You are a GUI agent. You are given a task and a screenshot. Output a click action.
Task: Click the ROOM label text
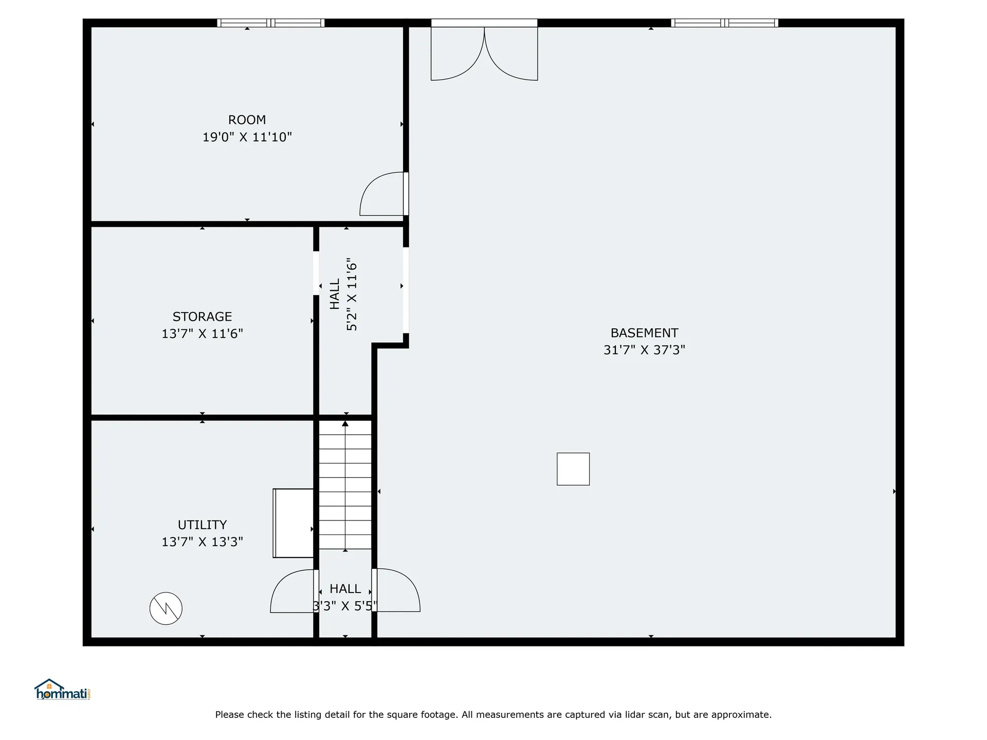pos(247,120)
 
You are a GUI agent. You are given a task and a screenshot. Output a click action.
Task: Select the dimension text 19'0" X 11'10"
pos(247,137)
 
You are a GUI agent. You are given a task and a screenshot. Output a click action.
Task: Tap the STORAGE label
pos(202,317)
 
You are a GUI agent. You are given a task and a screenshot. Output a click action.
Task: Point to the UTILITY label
pos(202,525)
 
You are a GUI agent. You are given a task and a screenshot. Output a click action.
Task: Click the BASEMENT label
pos(644,333)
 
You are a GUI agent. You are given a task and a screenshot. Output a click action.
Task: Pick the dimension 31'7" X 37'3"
pos(644,350)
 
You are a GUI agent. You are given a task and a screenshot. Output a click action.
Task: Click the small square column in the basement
pos(573,469)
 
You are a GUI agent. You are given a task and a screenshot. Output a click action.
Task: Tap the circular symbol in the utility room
pos(166,608)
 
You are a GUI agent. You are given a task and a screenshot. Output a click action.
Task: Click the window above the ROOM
pos(270,23)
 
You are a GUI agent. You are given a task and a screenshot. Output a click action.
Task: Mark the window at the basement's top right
pos(724,23)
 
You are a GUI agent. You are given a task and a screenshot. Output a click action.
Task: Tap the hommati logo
pos(63,690)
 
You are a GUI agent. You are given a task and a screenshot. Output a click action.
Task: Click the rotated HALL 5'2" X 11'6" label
pos(343,294)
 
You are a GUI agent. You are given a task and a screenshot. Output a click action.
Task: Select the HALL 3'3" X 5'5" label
pos(345,598)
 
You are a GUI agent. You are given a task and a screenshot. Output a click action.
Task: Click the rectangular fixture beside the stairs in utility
pos(293,523)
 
